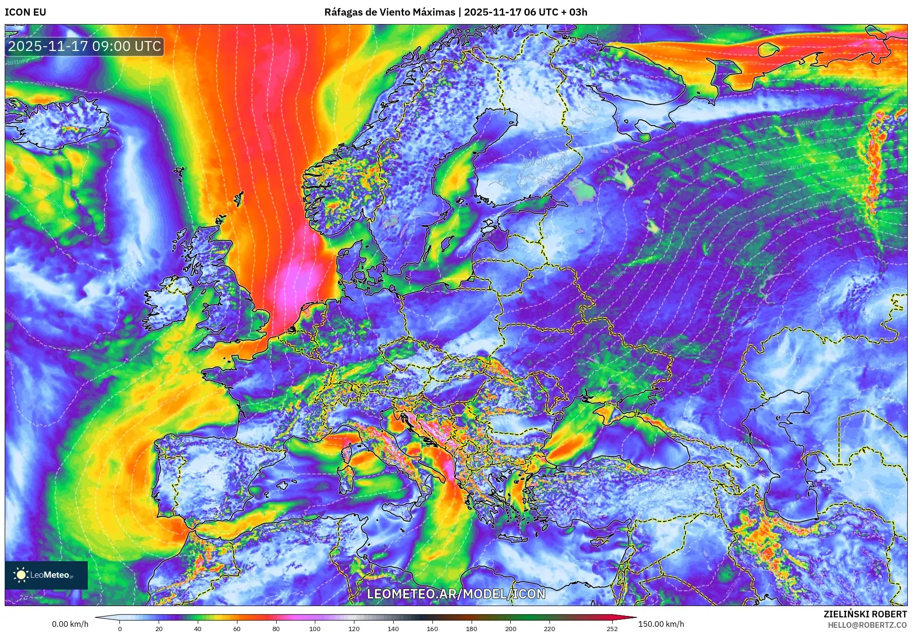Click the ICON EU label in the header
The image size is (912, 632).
click(25, 12)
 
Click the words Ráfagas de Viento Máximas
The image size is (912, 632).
click(389, 12)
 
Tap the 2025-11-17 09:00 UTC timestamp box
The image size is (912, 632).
click(84, 46)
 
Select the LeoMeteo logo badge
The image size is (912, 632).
click(46, 575)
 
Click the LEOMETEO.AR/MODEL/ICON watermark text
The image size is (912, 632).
click(456, 594)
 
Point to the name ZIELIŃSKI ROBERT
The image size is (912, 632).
click(865, 614)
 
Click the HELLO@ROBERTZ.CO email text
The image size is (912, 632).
click(867, 625)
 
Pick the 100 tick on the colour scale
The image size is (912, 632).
click(315, 628)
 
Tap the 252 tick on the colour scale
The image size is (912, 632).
click(612, 628)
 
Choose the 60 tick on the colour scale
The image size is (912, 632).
click(236, 628)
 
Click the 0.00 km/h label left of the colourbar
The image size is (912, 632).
click(70, 624)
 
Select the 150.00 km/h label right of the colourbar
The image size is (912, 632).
click(661, 624)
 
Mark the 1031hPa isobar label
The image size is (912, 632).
click(17, 62)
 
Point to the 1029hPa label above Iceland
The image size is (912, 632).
click(47, 84)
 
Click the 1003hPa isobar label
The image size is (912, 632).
click(807, 123)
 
